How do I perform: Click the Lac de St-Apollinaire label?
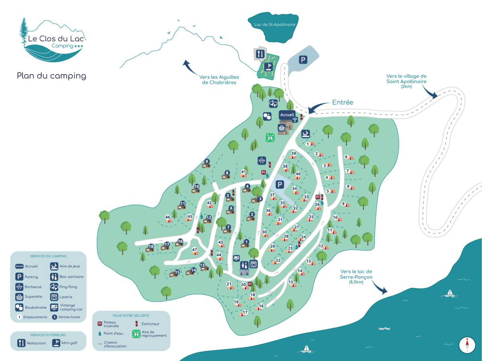tap(275, 24)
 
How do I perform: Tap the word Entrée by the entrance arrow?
tap(343, 102)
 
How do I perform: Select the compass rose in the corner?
tap(467, 345)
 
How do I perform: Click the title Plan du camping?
tap(51, 75)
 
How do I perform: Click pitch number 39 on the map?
tap(294, 154)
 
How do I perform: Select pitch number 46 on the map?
tap(168, 217)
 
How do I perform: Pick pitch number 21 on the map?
tap(229, 284)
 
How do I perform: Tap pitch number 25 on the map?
tap(311, 217)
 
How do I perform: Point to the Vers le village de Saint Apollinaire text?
tap(406, 79)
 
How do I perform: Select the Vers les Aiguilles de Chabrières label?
tap(219, 79)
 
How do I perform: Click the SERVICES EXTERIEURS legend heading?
tap(48, 335)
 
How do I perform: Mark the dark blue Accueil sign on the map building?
tap(287, 115)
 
